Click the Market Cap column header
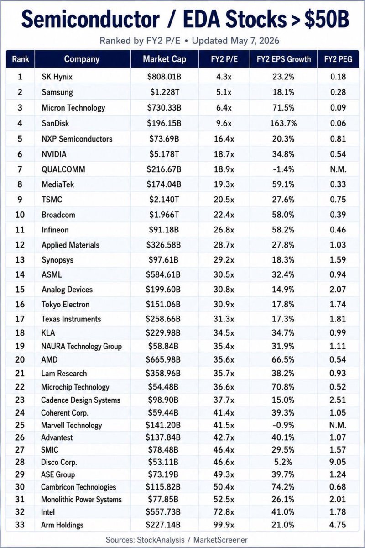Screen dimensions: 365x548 (x=165, y=59)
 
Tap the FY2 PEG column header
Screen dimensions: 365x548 (x=338, y=59)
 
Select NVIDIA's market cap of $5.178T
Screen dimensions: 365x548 (x=164, y=154)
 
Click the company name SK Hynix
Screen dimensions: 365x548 (x=57, y=77)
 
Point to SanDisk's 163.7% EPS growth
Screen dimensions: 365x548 (x=283, y=123)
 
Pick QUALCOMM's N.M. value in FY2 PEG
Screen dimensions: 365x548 (x=338, y=169)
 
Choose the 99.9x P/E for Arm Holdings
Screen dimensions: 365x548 (x=224, y=525)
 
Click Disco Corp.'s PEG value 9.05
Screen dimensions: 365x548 (x=338, y=462)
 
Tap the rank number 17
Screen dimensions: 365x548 (x=20, y=319)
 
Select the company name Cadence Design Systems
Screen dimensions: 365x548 (x=81, y=400)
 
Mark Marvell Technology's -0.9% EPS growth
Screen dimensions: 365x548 (x=283, y=425)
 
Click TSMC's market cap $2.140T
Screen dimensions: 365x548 (x=164, y=200)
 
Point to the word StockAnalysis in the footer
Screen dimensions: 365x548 (x=161, y=540)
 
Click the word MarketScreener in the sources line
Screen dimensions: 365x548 (x=220, y=540)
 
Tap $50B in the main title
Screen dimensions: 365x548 (x=327, y=19)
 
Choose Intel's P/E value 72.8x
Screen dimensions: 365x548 (x=224, y=512)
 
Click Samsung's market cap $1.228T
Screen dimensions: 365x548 (x=165, y=92)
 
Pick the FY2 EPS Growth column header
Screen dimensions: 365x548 (x=284, y=59)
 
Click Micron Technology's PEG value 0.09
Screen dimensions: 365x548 (x=338, y=108)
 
